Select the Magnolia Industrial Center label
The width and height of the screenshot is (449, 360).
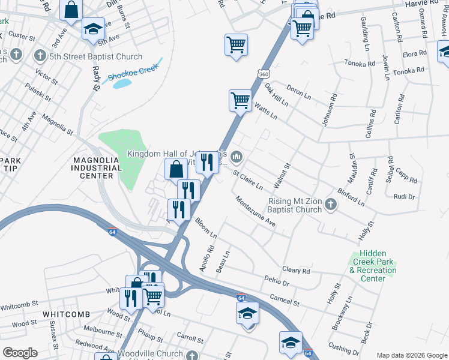(93, 168)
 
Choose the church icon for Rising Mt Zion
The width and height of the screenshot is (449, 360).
(330, 206)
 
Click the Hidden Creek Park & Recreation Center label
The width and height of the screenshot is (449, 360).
(372, 266)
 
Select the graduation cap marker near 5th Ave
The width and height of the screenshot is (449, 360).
(93, 29)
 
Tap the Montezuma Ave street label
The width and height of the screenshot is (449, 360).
(255, 212)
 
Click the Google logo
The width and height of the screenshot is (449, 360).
(20, 352)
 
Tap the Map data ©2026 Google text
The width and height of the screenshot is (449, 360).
(411, 355)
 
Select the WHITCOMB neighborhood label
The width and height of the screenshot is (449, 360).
(66, 314)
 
